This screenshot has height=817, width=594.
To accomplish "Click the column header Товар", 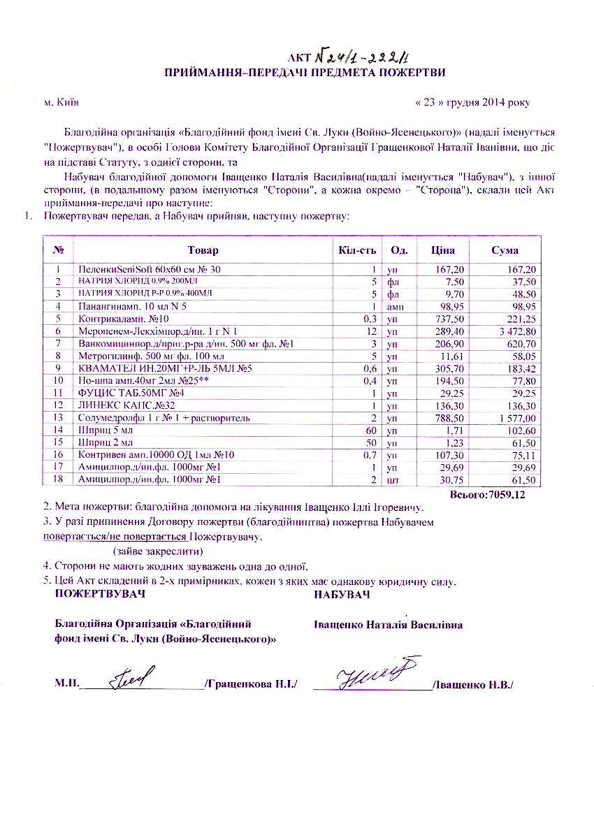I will point(203,250).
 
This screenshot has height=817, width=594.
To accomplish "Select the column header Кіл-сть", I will point(357,250).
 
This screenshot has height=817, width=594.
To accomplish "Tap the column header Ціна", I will point(444,250).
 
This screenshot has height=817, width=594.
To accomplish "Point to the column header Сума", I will point(505,250).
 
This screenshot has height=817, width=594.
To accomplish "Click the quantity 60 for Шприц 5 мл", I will point(372,430).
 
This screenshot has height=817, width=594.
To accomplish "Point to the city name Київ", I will point(61,103).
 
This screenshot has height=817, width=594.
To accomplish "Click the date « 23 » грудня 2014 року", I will point(472,103).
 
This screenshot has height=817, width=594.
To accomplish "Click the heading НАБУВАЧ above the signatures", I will point(342,595).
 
